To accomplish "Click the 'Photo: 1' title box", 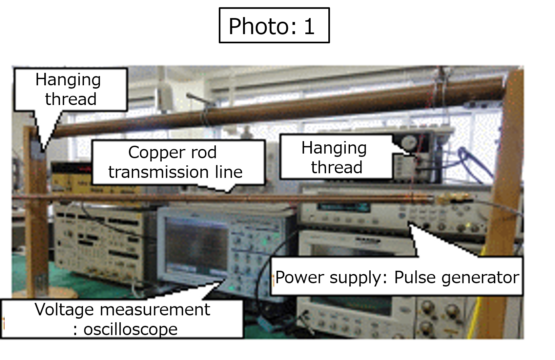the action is point(274,25).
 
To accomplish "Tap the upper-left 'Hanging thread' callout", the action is point(71,90).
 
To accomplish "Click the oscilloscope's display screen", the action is point(196,246).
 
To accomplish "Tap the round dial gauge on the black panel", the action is point(409,143).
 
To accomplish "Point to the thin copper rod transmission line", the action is point(223,198).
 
